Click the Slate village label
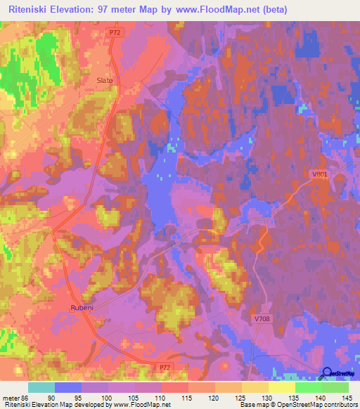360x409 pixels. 104,81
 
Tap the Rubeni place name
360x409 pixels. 82,308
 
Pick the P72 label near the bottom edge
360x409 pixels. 164,368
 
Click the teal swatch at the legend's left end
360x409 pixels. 41,387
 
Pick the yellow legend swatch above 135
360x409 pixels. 281,387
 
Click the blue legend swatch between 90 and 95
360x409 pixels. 68,387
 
